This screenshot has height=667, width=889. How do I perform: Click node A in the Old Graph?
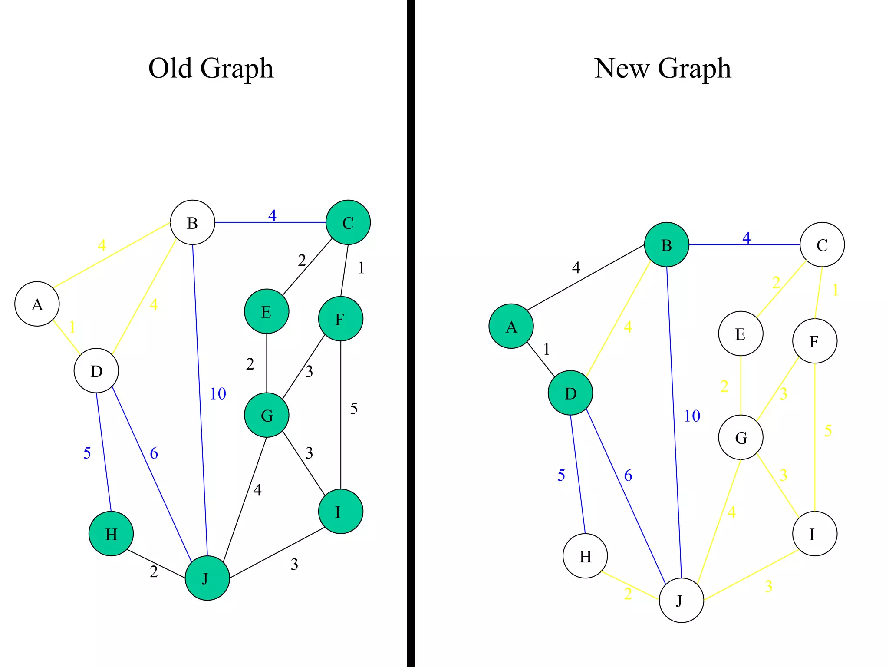37,304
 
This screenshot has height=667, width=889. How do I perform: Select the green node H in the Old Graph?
111,534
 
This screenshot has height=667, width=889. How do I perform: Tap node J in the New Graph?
681,600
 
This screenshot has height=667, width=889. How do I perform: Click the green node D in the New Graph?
570,393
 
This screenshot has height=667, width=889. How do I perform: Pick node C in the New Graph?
822,245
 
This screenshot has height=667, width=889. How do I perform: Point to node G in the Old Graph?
267,415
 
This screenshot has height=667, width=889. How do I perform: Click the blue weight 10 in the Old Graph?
218,394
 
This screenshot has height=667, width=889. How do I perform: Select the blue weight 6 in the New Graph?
628,475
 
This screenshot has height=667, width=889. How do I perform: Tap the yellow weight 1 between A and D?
72,327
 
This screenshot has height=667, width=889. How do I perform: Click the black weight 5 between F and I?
354,409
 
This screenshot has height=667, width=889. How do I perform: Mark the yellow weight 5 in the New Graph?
828,431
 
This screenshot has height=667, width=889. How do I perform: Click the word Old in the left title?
170,68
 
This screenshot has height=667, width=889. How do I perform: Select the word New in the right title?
622,68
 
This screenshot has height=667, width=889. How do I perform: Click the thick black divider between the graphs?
411,333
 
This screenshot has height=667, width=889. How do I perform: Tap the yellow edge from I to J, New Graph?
751,575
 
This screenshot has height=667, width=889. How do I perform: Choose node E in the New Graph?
741,333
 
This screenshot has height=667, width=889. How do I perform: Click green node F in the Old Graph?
340,319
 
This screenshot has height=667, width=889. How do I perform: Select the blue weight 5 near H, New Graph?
561,475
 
